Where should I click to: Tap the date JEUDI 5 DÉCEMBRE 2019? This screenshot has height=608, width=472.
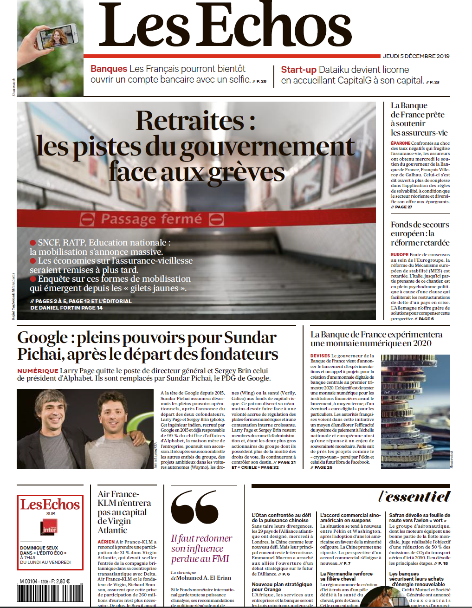tap(416, 56)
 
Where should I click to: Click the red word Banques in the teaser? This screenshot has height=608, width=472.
tap(109, 69)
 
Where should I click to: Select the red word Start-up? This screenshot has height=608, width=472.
tap(298, 70)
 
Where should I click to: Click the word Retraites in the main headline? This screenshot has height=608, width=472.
tap(189, 121)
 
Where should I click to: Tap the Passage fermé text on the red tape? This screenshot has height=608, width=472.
tap(151, 219)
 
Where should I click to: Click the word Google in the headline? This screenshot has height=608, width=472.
tap(43, 337)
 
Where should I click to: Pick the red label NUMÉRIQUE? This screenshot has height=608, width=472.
tap(38, 371)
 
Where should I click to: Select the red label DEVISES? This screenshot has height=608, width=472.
tap(320, 356)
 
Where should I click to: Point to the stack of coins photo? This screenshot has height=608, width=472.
tap(415, 411)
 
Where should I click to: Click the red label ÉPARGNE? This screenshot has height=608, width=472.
tap(401, 143)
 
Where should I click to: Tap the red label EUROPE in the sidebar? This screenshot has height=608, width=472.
tap(400, 255)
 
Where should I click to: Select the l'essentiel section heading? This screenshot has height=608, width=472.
tap(414, 497)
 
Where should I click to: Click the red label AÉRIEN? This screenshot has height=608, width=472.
tap(106, 542)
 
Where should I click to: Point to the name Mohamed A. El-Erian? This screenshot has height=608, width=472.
tap(204, 578)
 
